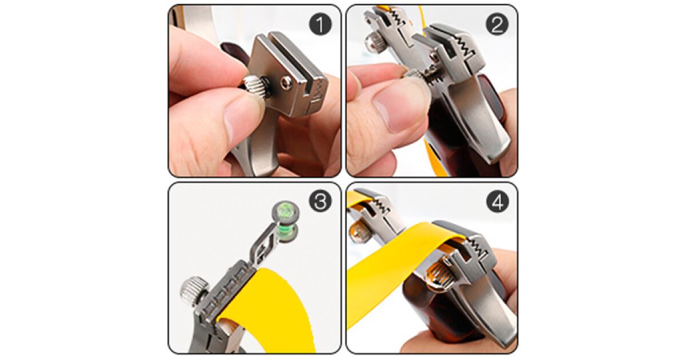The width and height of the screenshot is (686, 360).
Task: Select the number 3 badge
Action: [320, 201]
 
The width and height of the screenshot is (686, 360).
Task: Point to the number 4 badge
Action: [497, 201]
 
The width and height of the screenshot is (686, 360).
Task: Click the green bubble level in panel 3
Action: [285, 221]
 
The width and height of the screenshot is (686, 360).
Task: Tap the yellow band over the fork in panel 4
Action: [407, 254]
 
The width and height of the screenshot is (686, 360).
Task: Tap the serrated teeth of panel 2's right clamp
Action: [465, 46]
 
